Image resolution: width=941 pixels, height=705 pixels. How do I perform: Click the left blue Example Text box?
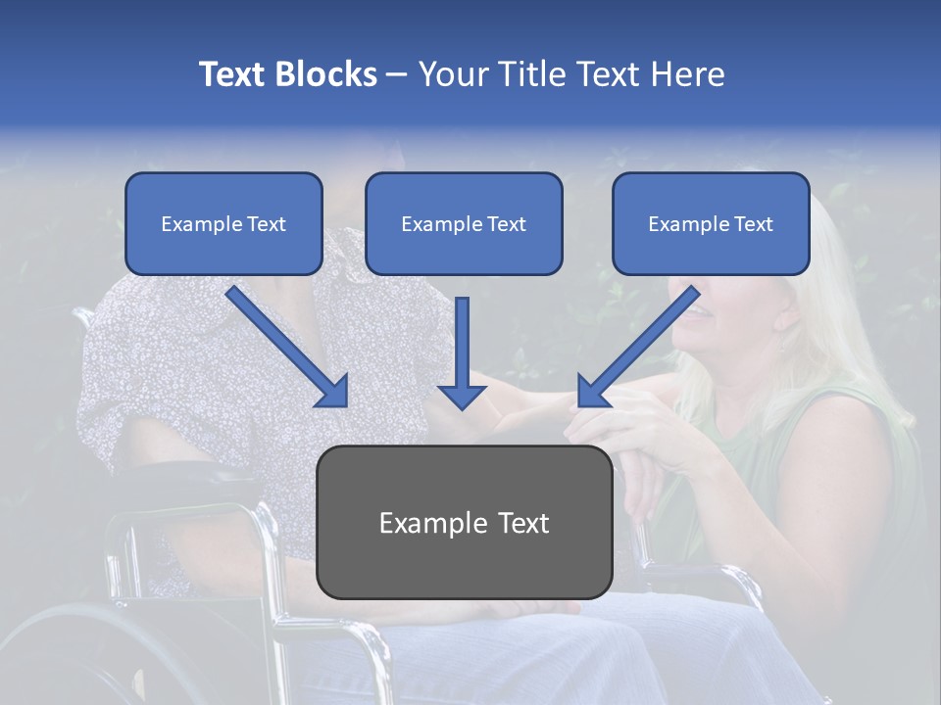coord(223,223)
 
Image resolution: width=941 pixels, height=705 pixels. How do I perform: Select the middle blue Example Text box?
coord(464,223)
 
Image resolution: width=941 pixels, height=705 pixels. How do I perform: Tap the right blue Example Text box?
coord(711,223)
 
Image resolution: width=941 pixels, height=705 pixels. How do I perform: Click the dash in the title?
coord(397,75)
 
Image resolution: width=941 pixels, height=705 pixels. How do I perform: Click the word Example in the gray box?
coord(427,523)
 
